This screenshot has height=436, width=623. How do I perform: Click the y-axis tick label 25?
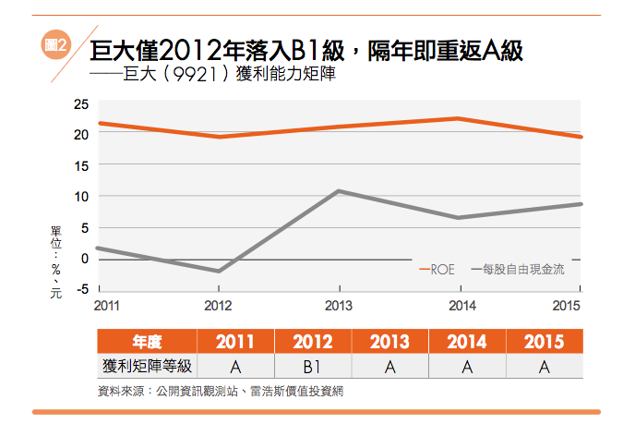82,103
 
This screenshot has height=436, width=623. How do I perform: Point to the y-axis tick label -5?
82,289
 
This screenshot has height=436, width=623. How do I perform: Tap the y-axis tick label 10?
82,196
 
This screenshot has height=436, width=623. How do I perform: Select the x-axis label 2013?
339,306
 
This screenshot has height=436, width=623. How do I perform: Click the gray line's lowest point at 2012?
218,272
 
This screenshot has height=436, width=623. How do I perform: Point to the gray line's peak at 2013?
339,191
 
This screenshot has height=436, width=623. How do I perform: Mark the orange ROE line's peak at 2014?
459,118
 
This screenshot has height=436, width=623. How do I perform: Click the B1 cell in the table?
313,367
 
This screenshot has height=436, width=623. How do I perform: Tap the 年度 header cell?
147,342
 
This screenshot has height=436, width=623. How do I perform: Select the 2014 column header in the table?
467,342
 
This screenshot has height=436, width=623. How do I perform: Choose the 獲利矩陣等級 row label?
147,367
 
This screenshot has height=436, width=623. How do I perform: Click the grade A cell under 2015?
544,367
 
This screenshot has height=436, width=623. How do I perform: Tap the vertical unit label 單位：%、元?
56,260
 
